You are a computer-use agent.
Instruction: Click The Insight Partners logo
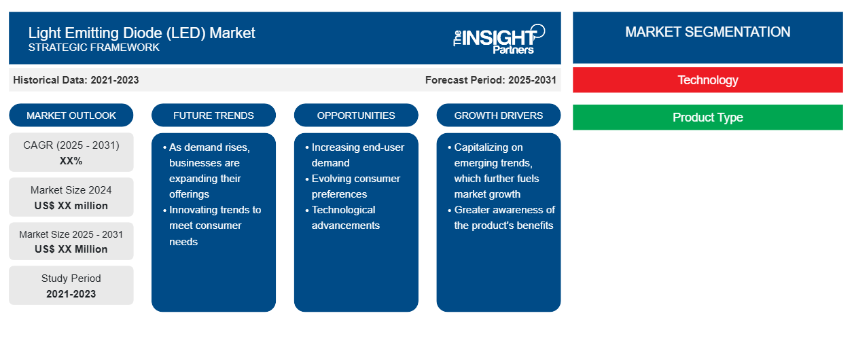499,39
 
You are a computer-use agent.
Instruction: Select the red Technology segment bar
707,80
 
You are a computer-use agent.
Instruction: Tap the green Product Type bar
707,117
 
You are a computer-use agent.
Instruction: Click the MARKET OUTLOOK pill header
71,115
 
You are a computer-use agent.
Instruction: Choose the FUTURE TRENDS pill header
213,115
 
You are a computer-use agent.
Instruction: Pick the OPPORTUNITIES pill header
356,115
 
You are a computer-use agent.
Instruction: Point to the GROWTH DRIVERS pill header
498,115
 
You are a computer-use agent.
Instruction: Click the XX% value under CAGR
71,161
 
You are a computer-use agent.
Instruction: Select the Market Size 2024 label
71,190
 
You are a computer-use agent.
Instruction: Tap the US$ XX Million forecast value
71,249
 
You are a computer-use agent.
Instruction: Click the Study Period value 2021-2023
71,294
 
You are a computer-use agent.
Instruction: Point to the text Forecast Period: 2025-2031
491,80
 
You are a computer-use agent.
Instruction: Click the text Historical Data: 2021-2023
76,80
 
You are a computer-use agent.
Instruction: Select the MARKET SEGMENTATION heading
707,32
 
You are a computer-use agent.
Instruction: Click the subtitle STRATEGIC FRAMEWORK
94,48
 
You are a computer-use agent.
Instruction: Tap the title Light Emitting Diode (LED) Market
141,33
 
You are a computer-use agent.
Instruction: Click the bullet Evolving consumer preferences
353,186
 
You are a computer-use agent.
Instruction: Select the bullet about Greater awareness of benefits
501,217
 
